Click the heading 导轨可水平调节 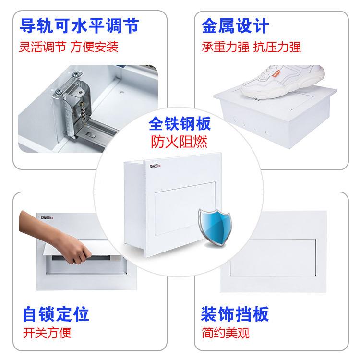[79, 25]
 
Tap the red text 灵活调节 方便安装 [69, 47]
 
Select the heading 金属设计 [235, 25]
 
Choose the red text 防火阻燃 [180, 143]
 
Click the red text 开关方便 [47, 333]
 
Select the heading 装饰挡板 [235, 314]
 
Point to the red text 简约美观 [226, 333]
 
